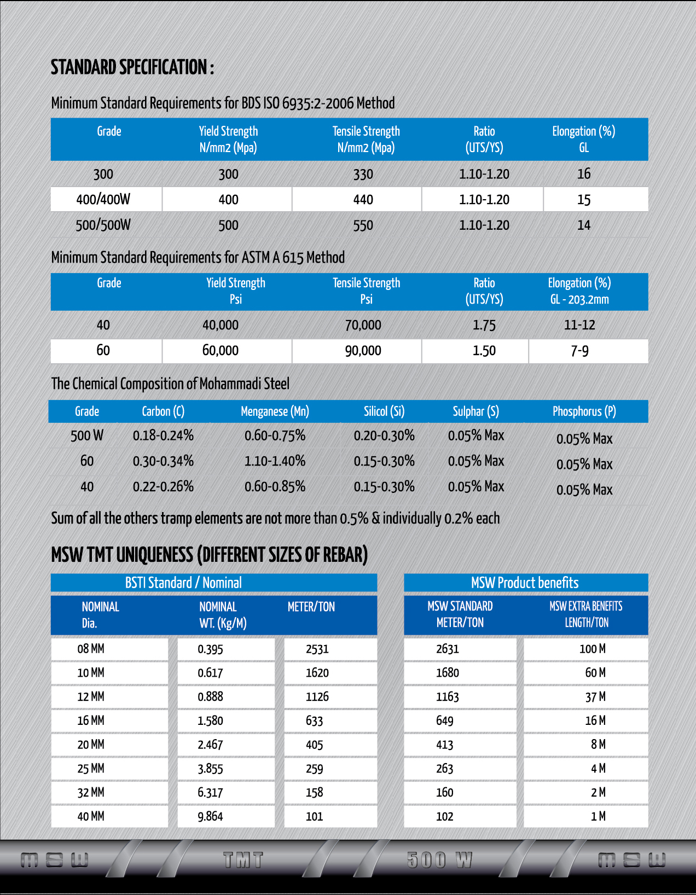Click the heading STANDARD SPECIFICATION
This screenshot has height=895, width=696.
tap(132, 68)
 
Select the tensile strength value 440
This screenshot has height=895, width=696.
tap(363, 200)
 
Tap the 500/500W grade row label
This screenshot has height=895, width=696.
tap(103, 225)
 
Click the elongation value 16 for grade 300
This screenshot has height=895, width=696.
tap(584, 174)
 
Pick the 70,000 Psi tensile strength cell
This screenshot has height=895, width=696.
tap(363, 325)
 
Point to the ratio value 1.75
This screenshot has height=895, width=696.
tap(484, 326)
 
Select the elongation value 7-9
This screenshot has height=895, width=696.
tap(579, 351)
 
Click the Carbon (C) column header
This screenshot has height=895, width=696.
tap(163, 411)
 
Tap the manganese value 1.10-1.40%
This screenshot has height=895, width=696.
tap(275, 461)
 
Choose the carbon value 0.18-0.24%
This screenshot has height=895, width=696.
tap(163, 435)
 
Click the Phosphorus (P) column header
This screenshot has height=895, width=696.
tap(584, 411)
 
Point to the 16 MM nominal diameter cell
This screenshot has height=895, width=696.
tap(91, 720)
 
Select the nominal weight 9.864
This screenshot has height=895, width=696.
tap(210, 816)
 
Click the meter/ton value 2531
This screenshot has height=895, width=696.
tap(317, 649)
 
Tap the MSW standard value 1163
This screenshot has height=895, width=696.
tap(447, 697)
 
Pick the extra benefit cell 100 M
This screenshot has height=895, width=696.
tap(592, 649)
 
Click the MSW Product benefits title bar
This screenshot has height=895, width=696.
tap(525, 583)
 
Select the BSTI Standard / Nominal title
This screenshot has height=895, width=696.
tap(183, 583)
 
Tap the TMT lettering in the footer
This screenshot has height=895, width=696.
tap(243, 860)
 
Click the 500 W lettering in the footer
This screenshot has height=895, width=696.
tap(439, 860)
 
